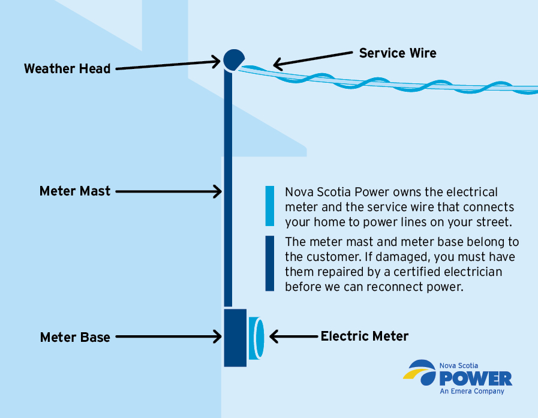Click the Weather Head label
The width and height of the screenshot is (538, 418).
click(67, 68)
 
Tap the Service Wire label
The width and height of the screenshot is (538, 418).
click(398, 53)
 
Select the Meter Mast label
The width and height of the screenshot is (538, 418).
click(75, 191)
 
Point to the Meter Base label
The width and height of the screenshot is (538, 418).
click(75, 337)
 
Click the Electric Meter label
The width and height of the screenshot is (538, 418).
click(364, 336)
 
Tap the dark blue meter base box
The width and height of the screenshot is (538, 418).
click(235, 337)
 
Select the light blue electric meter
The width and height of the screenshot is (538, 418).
click(257, 337)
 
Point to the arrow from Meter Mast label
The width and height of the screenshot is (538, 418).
click(168, 191)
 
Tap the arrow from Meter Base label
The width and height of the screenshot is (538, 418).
click(168, 337)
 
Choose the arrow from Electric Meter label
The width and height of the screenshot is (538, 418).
click(294, 336)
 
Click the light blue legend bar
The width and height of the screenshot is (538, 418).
click(270, 206)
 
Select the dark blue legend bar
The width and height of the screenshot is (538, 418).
click(270, 263)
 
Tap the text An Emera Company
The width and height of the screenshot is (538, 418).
click(472, 392)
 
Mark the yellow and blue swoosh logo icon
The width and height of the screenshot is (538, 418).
click(421, 372)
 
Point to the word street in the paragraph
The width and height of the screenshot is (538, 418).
click(488, 221)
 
